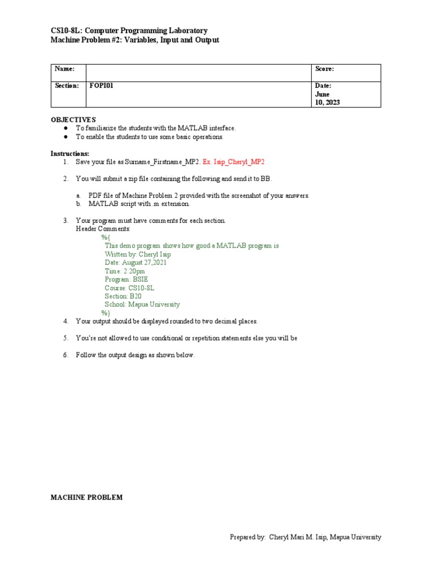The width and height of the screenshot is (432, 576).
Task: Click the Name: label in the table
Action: [65, 69]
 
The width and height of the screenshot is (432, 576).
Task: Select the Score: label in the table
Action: [325, 69]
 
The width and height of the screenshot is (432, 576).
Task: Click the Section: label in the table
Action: [67, 85]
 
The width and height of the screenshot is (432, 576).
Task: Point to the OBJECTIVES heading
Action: [73, 120]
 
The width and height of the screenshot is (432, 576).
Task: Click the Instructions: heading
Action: [70, 154]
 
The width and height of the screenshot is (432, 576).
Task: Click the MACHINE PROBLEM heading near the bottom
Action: [86, 498]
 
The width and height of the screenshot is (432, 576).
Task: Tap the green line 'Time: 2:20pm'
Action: [124, 271]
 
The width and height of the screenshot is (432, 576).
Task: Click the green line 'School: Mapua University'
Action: [142, 304]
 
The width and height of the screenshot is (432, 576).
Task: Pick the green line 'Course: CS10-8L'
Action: [129, 288]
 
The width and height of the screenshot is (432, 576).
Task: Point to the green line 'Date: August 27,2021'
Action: [135, 263]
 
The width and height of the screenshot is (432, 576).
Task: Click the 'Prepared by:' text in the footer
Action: [247, 537]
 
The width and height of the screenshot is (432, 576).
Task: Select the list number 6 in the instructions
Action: [65, 355]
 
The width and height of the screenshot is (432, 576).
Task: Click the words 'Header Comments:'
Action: [103, 229]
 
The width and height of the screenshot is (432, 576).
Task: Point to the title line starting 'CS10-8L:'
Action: [129, 30]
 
